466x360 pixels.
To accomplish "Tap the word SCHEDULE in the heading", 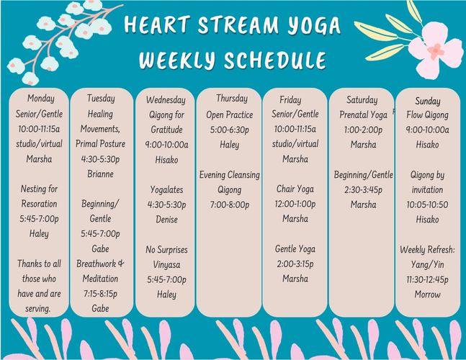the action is coord(275,60).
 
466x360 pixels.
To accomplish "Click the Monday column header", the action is coord(41,99).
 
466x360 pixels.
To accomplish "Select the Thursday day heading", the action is coord(232,99).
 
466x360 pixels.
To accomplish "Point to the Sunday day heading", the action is coord(428,102).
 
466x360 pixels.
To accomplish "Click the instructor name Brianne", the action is coord(100,174).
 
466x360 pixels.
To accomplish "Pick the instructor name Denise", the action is coord(166,219).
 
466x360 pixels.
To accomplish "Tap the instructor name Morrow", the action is coord(427,294).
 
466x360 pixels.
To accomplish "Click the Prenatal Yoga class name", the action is coord(363,115).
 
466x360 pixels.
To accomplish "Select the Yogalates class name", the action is coord(166,190).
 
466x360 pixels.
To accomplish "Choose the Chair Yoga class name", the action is coord(295,189).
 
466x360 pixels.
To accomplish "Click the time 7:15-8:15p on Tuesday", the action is coord(100,294).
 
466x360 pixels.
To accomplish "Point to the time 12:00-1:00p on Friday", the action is coord(295,204).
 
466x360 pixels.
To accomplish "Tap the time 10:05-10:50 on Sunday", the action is coord(427,204).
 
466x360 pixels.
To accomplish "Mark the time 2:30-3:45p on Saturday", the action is coord(363,190).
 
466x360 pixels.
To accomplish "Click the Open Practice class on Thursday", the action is coord(230,115).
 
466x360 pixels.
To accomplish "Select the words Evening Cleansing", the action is coord(230,175).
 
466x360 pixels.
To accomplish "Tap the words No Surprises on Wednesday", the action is coord(166,250).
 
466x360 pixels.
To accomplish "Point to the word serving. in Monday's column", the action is coord(37,309).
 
